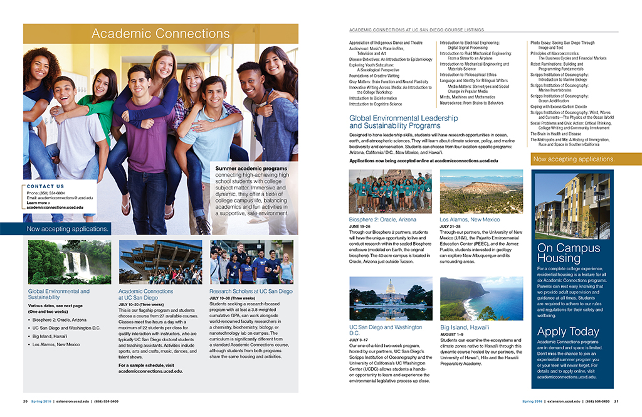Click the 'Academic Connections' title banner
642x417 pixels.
160,33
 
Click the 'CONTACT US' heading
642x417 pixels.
46,186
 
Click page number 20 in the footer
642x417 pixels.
25,401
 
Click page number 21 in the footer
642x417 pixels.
616,401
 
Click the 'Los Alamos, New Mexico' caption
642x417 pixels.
470,219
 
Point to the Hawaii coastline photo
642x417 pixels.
481,298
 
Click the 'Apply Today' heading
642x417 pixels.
568,332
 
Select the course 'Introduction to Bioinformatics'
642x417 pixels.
373,98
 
